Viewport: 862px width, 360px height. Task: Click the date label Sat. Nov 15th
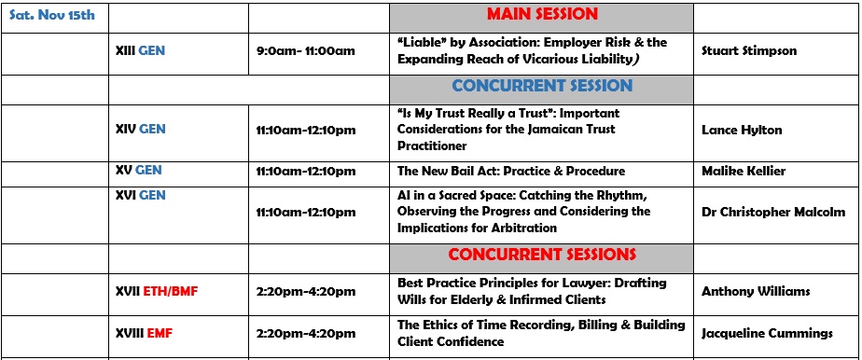[x=52, y=15]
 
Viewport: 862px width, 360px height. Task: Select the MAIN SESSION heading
[x=542, y=14]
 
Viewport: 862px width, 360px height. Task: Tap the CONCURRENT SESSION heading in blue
[x=542, y=86]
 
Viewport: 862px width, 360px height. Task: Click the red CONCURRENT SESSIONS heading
[x=542, y=255]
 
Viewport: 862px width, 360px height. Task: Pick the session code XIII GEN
[x=140, y=51]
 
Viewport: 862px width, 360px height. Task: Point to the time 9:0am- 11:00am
[x=306, y=51]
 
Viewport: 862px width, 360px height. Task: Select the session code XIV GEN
[x=140, y=130]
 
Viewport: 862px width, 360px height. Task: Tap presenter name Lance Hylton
[x=742, y=131]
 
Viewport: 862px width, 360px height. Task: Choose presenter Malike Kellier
[x=744, y=171]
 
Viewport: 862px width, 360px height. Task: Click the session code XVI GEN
[x=140, y=195]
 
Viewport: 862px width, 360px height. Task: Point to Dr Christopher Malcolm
[x=773, y=212]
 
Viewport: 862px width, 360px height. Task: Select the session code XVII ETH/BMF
[x=156, y=291]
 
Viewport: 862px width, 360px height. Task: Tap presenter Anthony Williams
[x=756, y=291]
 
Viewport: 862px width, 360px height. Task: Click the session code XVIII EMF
[x=144, y=333]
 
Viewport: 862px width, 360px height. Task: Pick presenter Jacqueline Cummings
[x=767, y=334]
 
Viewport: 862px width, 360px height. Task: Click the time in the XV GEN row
[x=306, y=171]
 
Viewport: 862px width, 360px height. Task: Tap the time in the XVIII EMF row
[x=306, y=333]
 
